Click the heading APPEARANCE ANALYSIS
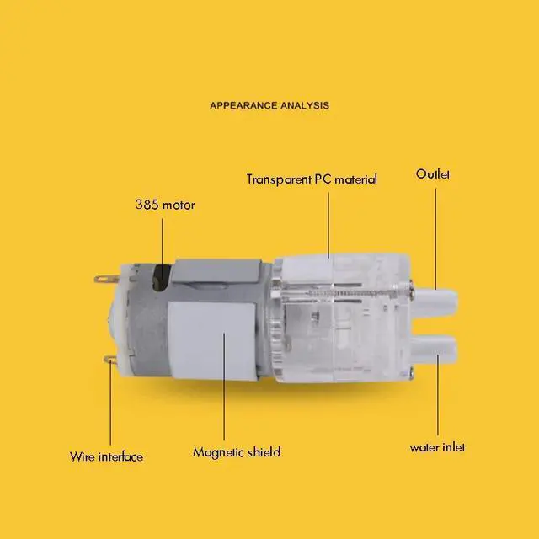coord(269,106)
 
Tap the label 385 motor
coord(165,205)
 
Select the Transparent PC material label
coord(312,179)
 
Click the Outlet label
coord(433,174)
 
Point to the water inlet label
coord(437,447)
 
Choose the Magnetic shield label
coord(236,452)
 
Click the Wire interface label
coord(106,456)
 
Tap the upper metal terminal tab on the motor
coord(104,275)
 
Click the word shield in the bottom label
coord(263,452)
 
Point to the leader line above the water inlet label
coord(437,396)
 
